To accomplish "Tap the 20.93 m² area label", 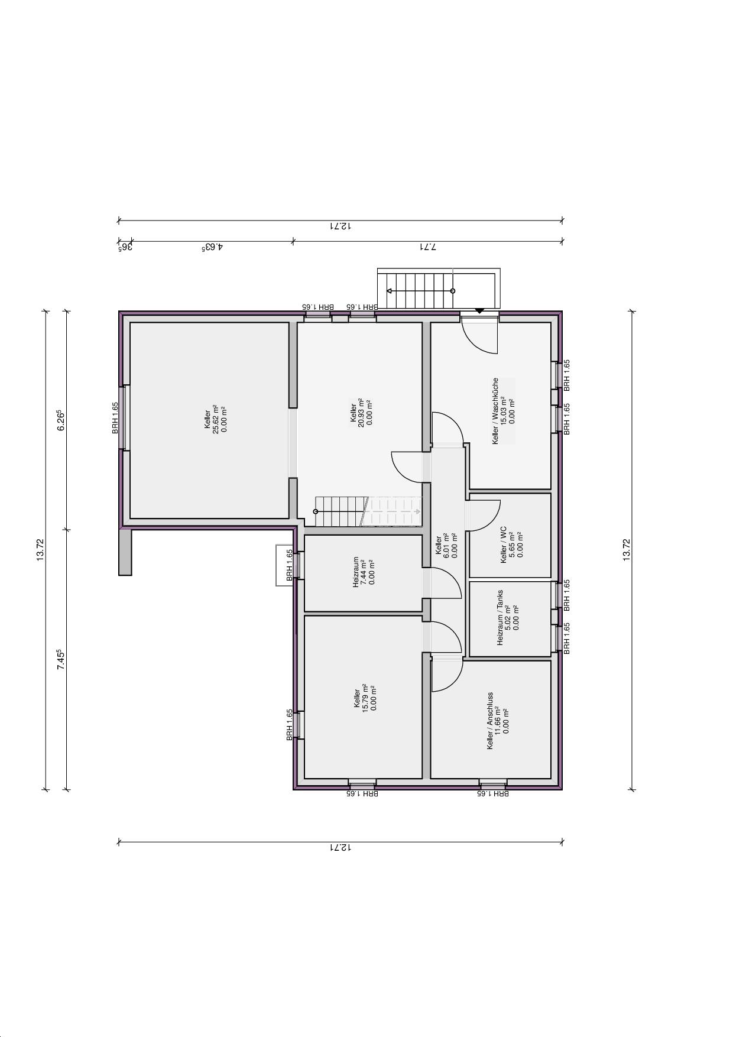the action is (362, 413).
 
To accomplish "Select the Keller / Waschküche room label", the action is (495, 411).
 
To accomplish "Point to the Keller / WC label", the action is (504, 545).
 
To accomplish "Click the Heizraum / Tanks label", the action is (500, 617).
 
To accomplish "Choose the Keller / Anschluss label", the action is (490, 721).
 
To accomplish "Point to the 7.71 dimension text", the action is (427, 247).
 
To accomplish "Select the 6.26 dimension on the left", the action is (60, 420).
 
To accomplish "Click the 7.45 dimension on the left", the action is (60, 659).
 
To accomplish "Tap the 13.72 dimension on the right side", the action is (627, 549).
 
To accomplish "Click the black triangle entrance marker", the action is (479, 310).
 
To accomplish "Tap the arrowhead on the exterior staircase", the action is (390, 291).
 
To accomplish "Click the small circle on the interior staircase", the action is (316, 511).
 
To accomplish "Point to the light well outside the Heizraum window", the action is (284, 565).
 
